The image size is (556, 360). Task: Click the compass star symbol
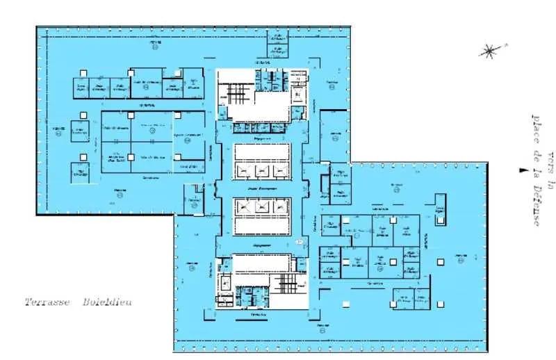pyautogui.click(x=490, y=50)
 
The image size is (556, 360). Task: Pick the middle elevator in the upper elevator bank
pyautogui.click(x=261, y=170)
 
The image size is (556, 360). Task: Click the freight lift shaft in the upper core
pyautogui.click(x=297, y=92)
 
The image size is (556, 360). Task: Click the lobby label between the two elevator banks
pyautogui.click(x=261, y=188)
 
